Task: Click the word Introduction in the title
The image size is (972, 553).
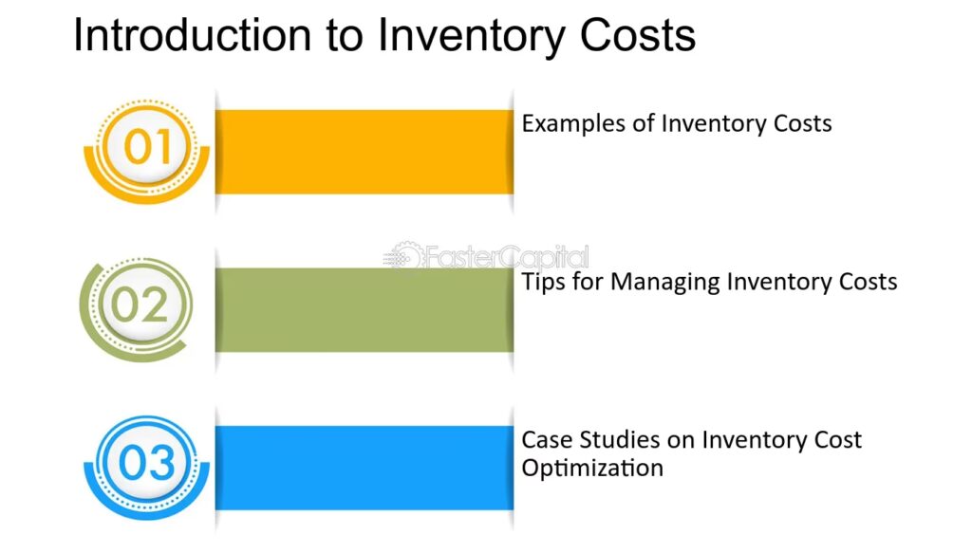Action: (192, 35)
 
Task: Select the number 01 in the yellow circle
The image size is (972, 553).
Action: (147, 147)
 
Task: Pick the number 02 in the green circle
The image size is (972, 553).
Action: (140, 304)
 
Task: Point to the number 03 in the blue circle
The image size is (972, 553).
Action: (147, 463)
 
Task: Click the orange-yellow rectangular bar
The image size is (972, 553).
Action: (364, 152)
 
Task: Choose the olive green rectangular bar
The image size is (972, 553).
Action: (364, 309)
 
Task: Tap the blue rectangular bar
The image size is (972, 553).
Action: (364, 468)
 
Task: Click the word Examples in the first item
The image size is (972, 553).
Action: (573, 124)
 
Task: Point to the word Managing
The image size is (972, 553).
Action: (665, 283)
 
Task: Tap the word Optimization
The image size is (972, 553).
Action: (592, 469)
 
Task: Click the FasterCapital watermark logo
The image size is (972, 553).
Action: (485, 256)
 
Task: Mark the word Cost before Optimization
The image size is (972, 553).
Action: (837, 440)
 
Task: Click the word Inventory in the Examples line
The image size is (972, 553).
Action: (705, 124)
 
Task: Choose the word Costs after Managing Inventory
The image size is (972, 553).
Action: (868, 282)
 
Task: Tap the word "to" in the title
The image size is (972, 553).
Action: (344, 36)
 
